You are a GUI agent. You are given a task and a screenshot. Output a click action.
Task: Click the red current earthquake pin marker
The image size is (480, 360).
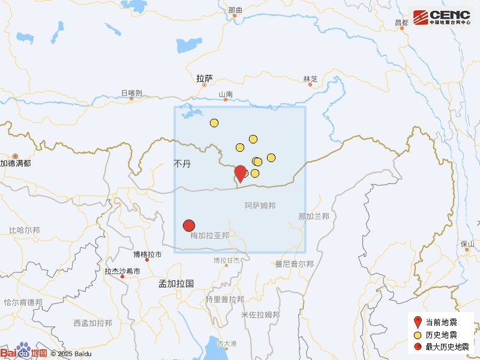coord(240,173)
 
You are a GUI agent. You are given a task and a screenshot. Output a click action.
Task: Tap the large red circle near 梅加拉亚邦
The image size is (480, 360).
coord(189,226)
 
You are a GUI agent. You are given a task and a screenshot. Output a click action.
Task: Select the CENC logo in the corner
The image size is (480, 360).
coord(442,17)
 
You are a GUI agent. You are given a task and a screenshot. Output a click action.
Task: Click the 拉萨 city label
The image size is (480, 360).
coord(205,78)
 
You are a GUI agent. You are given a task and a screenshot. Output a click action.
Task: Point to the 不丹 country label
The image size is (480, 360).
coord(182,163)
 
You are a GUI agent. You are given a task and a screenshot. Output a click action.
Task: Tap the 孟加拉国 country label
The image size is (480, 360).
coord(176,283)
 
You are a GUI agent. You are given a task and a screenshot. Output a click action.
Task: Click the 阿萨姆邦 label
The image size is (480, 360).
coord(260,206)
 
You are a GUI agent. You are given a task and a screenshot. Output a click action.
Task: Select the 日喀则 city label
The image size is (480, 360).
coord(131,93)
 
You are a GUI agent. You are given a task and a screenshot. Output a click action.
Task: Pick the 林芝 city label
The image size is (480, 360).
coord(310,79)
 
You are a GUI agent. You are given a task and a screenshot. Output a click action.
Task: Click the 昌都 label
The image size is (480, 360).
coord(401,22)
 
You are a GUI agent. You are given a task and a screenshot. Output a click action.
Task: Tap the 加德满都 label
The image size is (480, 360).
coord(16,163)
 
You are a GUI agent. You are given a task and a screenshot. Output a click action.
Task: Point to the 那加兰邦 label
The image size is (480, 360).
coord(314,216)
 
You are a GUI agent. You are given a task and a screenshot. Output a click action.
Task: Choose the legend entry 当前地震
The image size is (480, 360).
coord(441,322)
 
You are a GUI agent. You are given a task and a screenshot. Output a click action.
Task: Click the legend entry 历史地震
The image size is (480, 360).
coord(441,335)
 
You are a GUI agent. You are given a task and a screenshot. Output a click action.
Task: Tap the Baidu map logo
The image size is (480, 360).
coord(24,352)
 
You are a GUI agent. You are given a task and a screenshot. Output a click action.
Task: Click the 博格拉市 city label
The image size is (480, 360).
coord(147,254)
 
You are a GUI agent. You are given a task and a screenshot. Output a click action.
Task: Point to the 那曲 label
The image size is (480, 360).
coord(236,10)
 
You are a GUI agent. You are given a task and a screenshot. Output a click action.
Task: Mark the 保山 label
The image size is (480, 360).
coord(467,244)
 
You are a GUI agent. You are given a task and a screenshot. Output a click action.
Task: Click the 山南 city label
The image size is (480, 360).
coord(226,94)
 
